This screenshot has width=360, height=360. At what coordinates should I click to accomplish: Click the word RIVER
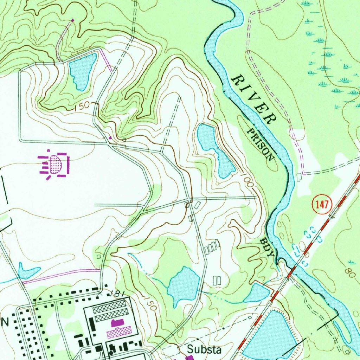(253, 99)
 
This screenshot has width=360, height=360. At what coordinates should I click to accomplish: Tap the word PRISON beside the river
(260, 144)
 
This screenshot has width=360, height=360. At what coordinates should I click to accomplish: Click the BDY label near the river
(267, 248)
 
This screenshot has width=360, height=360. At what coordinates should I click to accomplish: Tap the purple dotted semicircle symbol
(56, 163)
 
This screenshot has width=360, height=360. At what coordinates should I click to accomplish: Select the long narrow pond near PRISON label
(214, 148)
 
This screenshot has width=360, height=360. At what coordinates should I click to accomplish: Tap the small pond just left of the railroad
(258, 292)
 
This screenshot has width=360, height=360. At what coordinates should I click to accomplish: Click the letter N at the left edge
(5, 321)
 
